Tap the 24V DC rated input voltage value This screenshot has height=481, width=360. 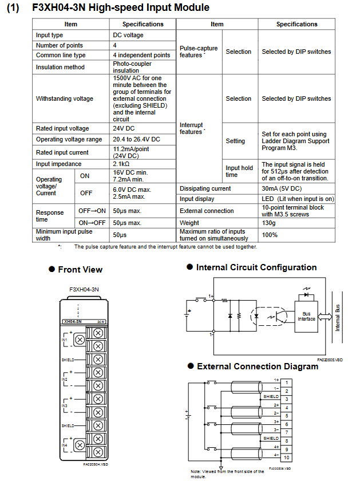[124, 129]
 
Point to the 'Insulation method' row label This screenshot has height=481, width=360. [60, 67]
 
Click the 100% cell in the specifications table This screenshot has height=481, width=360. [270, 235]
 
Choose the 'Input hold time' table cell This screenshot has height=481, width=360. [239, 171]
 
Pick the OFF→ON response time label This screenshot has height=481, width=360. [92, 211]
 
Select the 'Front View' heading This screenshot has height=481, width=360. [80, 270]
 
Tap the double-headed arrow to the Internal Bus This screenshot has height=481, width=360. [327, 317]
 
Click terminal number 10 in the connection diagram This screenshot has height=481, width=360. [286, 458]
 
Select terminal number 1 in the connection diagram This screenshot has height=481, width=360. [286, 382]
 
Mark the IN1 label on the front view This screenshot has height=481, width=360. [64, 340]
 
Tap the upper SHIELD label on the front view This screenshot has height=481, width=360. [68, 360]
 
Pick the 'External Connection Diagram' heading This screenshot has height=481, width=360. [258, 366]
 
